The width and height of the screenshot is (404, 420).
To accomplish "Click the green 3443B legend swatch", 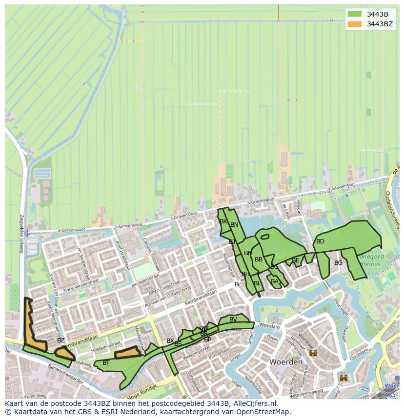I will tap(355, 14).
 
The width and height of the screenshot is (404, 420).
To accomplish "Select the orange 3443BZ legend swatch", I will tap(355, 24).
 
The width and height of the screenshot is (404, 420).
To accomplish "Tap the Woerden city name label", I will tap(285, 362).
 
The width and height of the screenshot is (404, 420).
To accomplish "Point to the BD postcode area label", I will tap(320, 241).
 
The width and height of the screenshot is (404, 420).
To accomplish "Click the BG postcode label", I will tap(338, 263).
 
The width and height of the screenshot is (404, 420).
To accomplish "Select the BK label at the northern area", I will tap(223, 221).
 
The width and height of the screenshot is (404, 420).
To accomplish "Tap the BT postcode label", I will tap(106, 363).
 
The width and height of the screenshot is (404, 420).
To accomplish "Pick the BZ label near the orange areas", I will tap(61, 340).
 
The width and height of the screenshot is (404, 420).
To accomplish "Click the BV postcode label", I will tap(233, 320).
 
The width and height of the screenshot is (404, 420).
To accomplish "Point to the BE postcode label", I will tap(295, 260).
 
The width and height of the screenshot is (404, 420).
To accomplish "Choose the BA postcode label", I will tap(274, 281).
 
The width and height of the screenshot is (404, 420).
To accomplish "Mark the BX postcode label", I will tap(170, 341).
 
